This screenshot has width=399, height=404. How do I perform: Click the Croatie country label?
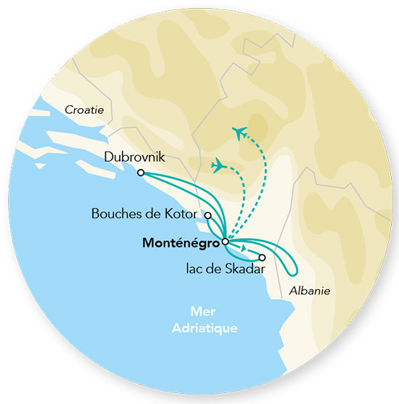click(x=85, y=110)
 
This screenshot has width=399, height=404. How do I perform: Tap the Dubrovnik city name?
click(x=134, y=156)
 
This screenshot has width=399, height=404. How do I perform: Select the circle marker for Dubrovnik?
click(x=140, y=173)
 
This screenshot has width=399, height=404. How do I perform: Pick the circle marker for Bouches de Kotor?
click(x=208, y=215)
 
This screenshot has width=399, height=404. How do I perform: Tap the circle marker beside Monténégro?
click(x=226, y=242)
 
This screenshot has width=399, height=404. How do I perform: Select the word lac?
click(x=195, y=269)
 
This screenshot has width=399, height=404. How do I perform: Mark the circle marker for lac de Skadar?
click(x=263, y=257)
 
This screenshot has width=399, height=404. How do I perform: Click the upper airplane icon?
click(x=239, y=133)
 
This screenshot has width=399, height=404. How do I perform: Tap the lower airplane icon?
click(x=218, y=166)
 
